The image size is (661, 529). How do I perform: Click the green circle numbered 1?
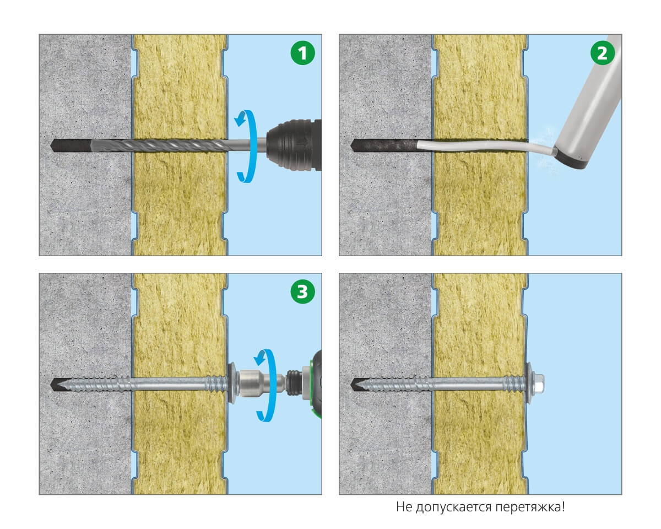pos(302,53)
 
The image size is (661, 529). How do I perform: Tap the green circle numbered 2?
pos(602,53)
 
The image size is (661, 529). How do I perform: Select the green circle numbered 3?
pos(302,292)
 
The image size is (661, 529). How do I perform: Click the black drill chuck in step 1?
pos(294,145)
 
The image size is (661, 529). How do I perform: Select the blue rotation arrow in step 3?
pos(268,385)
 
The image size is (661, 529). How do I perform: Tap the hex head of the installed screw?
pos(538,384)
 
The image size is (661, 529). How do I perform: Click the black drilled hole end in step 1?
pos(71,145)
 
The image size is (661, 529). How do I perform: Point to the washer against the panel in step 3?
pos(232,384)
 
